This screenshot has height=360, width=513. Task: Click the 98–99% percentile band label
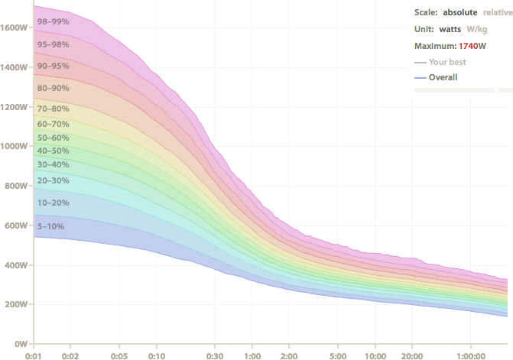pos(53,21)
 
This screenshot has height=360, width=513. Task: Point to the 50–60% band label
pos(53,137)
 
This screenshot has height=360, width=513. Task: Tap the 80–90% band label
pos(53,88)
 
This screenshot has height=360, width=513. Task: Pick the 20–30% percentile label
pos(53,180)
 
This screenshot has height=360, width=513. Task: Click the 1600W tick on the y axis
pos(15,28)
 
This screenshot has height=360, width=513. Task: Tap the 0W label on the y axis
pos(21,344)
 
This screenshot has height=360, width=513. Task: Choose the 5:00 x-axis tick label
pos(337,355)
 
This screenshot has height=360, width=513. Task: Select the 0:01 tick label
pos(33,355)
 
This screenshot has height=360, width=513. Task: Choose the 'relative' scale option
pos(497,13)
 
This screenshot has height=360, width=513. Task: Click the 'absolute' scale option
pos(460,13)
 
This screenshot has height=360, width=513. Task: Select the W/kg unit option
pos(477,30)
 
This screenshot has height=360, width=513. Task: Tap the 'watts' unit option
pos(450,30)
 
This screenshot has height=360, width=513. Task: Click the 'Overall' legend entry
pos(443,77)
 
